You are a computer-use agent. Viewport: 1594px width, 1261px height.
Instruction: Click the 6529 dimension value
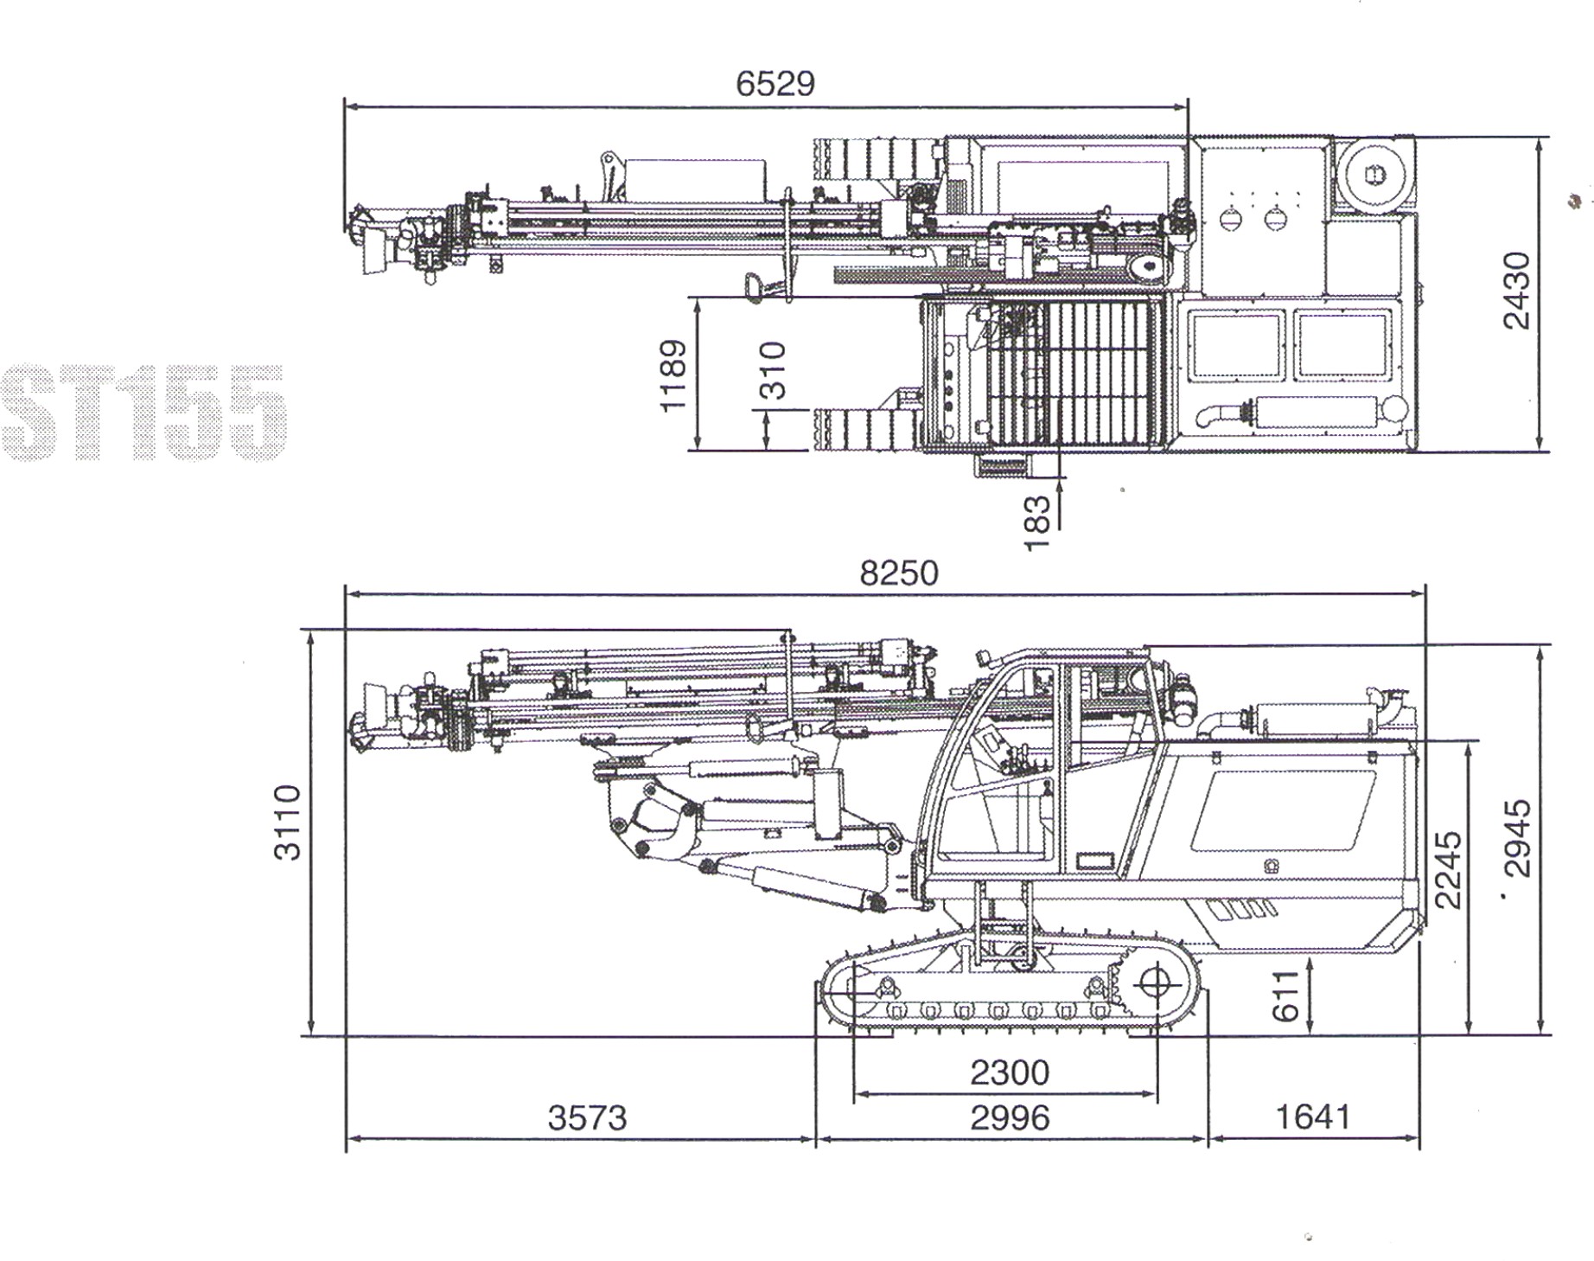click(x=775, y=84)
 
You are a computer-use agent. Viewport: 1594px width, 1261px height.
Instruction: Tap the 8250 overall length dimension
click(x=898, y=573)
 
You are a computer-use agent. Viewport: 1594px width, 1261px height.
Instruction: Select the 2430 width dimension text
click(x=1517, y=291)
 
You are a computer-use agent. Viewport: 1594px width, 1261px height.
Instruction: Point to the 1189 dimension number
click(x=673, y=375)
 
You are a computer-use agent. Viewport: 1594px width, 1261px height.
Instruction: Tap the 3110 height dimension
click(x=287, y=823)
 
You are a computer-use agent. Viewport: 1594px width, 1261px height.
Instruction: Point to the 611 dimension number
click(x=1286, y=995)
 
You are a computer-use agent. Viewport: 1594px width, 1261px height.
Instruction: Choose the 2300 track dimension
click(x=1009, y=1072)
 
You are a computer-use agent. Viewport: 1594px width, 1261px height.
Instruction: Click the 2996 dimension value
click(x=1009, y=1118)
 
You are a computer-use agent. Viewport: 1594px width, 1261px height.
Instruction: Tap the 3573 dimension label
click(x=587, y=1118)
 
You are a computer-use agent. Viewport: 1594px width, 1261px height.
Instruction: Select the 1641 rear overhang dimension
click(x=1313, y=1117)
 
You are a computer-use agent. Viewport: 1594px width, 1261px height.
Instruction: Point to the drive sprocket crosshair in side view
click(x=1155, y=983)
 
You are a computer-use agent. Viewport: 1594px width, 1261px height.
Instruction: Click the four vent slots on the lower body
click(x=1241, y=909)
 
